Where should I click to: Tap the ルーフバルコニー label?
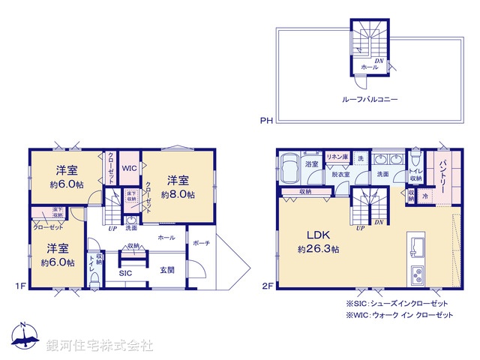pos(369,98)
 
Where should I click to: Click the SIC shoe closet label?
pos(125,273)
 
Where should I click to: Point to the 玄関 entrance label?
pos(166,270)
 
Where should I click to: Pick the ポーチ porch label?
pos(200,243)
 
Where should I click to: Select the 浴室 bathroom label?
pos(311,163)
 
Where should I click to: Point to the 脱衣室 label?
pos(341,174)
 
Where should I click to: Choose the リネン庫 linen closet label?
pos(336,157)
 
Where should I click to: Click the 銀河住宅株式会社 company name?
pos(100,345)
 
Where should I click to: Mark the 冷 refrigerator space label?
pos(425,196)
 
